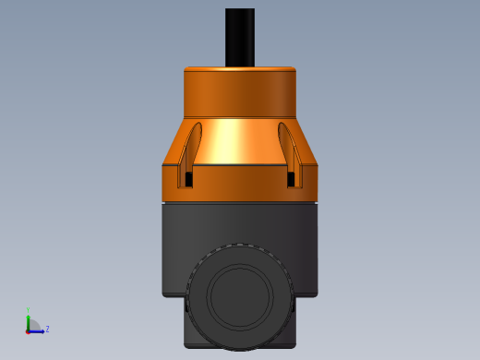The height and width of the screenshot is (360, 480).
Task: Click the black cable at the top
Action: coord(240,37)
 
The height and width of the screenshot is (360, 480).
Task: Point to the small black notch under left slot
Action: coord(189,178)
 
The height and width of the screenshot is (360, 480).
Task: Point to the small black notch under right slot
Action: coord(292,178)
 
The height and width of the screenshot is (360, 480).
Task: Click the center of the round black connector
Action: coord(240,297)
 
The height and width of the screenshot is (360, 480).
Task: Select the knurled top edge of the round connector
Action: coord(240,246)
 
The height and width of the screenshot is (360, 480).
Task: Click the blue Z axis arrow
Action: coord(38,330)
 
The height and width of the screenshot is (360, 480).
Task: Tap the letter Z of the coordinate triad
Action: coord(47,329)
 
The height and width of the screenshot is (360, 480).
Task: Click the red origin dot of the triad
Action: coord(29,330)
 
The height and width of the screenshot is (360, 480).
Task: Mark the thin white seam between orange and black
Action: coord(240,201)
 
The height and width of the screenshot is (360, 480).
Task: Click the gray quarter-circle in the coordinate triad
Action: coord(34,324)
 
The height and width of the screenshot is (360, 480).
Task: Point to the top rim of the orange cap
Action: coord(240,68)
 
